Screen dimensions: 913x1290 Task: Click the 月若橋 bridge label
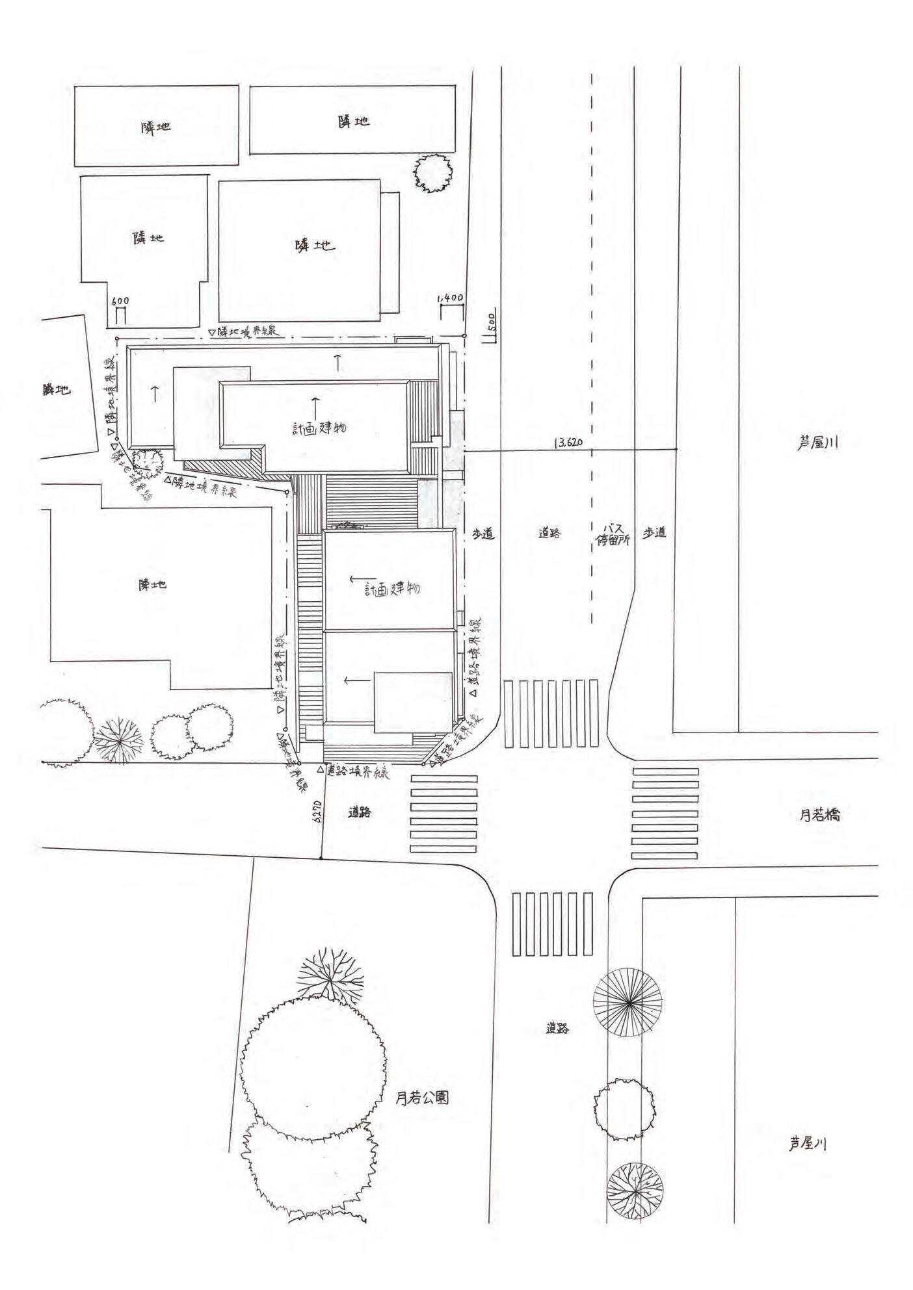819,814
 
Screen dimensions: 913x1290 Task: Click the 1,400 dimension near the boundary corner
450,298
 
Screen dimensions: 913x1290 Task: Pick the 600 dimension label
120,301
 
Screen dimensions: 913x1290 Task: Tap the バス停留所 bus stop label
613,534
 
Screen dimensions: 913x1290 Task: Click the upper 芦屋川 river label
817,443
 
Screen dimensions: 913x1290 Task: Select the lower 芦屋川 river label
807,1144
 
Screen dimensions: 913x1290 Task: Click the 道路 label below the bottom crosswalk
559,1028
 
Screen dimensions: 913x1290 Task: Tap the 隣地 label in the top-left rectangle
156,127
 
